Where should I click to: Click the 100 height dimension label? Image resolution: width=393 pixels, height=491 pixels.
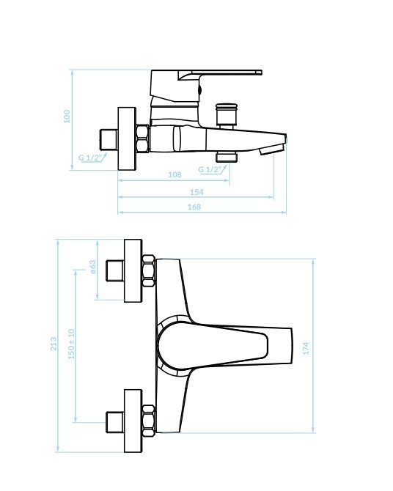coord(67,117)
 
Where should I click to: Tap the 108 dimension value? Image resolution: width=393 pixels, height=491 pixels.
coord(175,174)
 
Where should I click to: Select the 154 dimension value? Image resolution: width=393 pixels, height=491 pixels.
coord(196,192)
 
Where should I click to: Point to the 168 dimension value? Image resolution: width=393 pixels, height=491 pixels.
coord(194,207)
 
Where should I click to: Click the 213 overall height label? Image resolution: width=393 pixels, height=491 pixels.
coord(54,344)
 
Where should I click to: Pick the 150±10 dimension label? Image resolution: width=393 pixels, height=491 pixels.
coord(71,344)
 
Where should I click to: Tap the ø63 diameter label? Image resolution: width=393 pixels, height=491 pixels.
coord(93,267)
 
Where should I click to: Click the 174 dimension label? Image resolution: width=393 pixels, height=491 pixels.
coord(306,348)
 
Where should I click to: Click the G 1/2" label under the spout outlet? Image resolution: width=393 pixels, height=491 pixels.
coord(210,169)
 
